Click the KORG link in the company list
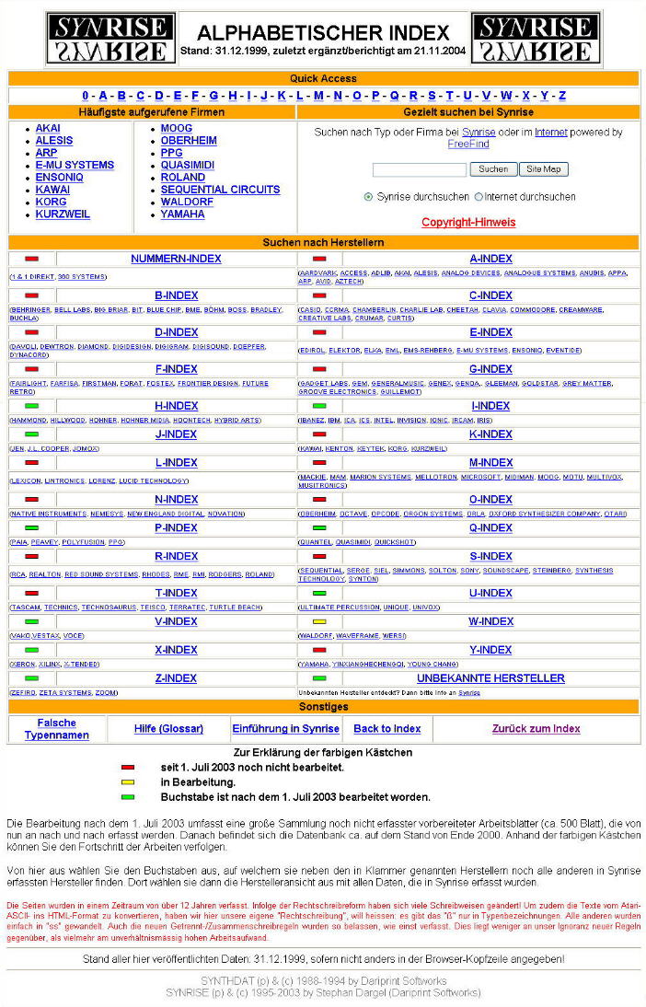[51, 202]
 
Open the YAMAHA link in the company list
[182, 214]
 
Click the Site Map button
[544, 169]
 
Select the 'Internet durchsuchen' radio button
[479, 197]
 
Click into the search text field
[419, 170]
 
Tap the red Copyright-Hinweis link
[468, 223]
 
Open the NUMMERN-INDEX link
[176, 259]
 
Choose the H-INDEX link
[176, 406]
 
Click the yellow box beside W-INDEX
[319, 622]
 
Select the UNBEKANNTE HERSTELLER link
[490, 678]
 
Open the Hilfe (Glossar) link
[168, 729]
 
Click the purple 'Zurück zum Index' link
[536, 729]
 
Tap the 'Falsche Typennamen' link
[57, 729]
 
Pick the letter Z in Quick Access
[561, 96]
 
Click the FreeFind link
[467, 145]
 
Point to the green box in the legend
[128, 797]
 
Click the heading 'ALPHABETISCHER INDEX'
[323, 33]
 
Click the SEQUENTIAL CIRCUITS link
[220, 190]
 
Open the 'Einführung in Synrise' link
[285, 729]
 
